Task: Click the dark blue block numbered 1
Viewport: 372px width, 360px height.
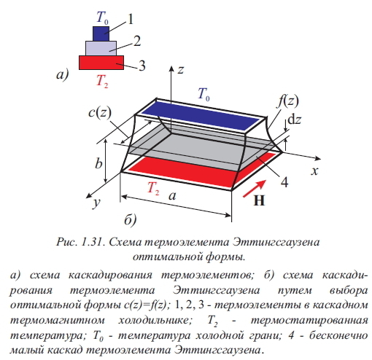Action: tap(101, 34)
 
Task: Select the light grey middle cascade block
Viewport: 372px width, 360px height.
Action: tap(101, 48)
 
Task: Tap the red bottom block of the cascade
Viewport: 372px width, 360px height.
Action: tap(101, 63)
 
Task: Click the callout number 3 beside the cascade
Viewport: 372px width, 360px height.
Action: tap(142, 66)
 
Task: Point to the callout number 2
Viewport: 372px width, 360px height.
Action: tap(137, 41)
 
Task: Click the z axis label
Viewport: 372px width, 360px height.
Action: tap(180, 70)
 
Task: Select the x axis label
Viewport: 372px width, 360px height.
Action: tap(314, 171)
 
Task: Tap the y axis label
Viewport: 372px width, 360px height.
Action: tap(97, 203)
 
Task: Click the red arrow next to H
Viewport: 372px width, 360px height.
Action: tap(255, 189)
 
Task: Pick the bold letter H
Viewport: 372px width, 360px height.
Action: tap(259, 200)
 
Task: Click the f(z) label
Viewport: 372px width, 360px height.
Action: tap(288, 101)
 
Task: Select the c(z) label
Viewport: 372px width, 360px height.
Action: tap(100, 113)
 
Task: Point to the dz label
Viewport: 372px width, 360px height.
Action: tap(294, 120)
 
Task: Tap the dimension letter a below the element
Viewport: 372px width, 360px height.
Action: tap(172, 196)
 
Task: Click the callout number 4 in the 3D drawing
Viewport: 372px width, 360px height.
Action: tap(284, 182)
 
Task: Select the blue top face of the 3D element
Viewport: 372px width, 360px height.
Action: tap(200, 115)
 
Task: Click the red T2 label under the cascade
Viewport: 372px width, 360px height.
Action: tap(102, 81)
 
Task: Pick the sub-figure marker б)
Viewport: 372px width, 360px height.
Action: tap(130, 220)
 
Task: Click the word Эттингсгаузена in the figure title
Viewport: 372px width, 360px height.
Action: tap(276, 242)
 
